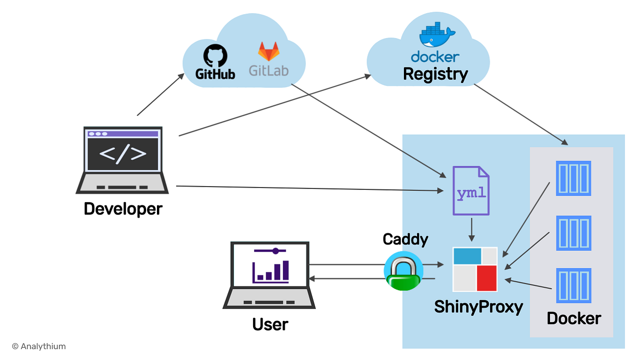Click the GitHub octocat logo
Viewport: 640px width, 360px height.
click(x=215, y=56)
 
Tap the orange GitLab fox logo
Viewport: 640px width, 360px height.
click(x=268, y=52)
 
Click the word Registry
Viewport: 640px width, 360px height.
click(x=435, y=74)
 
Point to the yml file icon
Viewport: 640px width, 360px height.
click(x=471, y=190)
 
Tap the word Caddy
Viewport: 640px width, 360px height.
click(x=405, y=239)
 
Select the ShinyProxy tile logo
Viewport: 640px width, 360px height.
click(x=475, y=269)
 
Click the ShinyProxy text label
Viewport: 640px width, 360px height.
click(x=478, y=307)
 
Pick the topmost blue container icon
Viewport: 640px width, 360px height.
click(x=574, y=179)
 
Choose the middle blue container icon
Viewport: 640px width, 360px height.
click(x=574, y=233)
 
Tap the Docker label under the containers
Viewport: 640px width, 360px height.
click(x=573, y=319)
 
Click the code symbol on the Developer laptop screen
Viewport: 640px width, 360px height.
click(x=123, y=154)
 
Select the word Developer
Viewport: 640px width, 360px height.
click(x=123, y=209)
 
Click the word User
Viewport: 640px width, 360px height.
click(x=270, y=325)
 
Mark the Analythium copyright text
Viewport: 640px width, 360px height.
click(x=39, y=346)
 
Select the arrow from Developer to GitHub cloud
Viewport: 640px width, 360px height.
click(x=160, y=95)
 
